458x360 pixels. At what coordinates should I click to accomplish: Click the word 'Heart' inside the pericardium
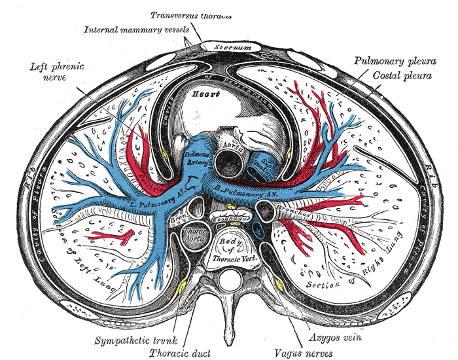tap(196, 94)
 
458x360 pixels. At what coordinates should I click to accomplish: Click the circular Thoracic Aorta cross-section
tap(195, 236)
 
